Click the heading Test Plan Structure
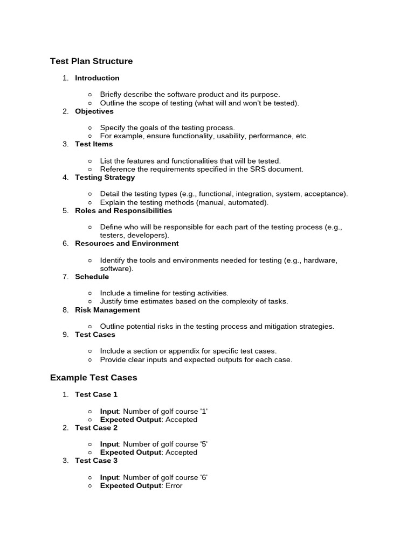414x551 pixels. click(x=91, y=61)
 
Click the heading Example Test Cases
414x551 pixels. click(x=93, y=378)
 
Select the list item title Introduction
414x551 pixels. click(x=97, y=78)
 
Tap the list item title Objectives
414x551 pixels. click(x=94, y=111)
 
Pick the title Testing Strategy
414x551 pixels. click(x=105, y=178)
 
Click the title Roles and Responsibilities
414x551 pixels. click(x=123, y=211)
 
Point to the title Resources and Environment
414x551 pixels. click(x=127, y=244)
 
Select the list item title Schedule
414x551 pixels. click(x=92, y=277)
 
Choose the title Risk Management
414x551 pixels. click(x=107, y=310)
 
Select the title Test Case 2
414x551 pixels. click(x=96, y=428)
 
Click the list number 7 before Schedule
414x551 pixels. click(x=65, y=277)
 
